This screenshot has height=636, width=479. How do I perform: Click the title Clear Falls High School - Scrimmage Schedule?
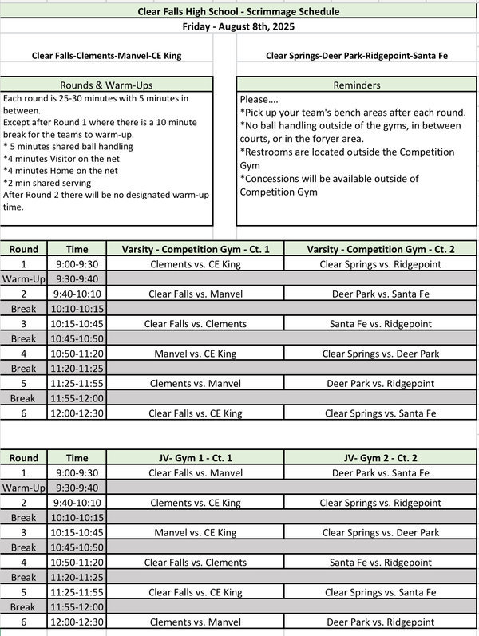point(239,11)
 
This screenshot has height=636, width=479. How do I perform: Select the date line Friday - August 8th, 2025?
point(239,26)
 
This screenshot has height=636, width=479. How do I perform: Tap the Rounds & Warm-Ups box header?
point(106,85)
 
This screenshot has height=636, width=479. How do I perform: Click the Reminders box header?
point(356,85)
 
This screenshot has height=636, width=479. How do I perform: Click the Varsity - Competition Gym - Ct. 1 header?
point(196,250)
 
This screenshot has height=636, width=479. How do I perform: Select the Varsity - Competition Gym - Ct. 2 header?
point(380,250)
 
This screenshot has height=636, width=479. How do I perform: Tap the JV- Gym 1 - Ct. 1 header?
point(196,458)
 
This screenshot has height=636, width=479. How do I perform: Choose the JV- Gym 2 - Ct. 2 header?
point(380,458)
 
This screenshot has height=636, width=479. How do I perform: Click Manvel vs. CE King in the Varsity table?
point(196,354)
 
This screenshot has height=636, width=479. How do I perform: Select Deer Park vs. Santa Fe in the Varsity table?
point(380,294)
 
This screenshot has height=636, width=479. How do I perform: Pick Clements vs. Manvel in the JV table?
point(196,622)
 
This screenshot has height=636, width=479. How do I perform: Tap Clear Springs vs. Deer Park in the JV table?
point(380,532)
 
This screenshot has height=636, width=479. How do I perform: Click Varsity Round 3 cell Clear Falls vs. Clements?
point(196,324)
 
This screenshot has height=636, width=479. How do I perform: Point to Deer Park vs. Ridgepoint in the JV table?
point(380,622)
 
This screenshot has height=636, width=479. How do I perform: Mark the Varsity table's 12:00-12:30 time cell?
point(77,413)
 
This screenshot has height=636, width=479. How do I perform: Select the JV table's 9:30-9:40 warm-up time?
point(77,488)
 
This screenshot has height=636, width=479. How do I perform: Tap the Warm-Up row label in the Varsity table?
point(24,279)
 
